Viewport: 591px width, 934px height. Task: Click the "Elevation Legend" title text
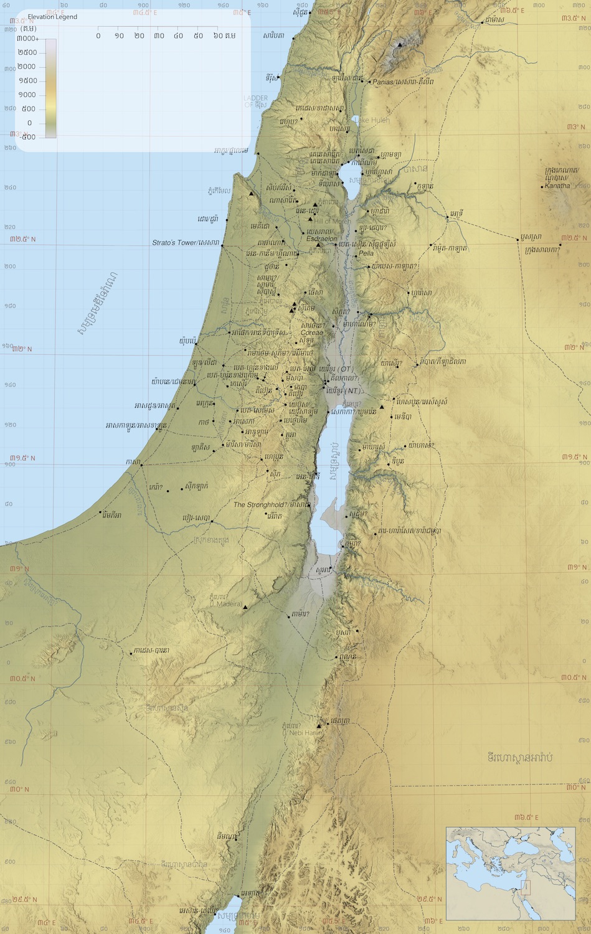pyautogui.click(x=52, y=17)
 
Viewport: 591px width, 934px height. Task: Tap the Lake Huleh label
pyautogui.click(x=372, y=120)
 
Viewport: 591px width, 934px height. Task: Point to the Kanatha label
pyautogui.click(x=557, y=186)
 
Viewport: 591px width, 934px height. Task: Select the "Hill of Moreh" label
pyautogui.click(x=333, y=222)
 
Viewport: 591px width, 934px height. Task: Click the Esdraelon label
pyautogui.click(x=321, y=238)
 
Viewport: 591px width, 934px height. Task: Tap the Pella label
pyautogui.click(x=366, y=253)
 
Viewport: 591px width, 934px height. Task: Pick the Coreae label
pyautogui.click(x=311, y=333)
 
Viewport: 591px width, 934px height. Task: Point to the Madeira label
pyautogui.click(x=225, y=603)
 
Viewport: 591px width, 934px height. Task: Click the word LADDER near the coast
pyautogui.click(x=255, y=98)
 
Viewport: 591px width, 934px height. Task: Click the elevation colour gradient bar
pyautogui.click(x=50, y=88)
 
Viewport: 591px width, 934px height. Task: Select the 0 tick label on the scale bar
pyautogui.click(x=98, y=35)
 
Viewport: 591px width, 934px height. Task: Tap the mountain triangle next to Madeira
pyautogui.click(x=245, y=607)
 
